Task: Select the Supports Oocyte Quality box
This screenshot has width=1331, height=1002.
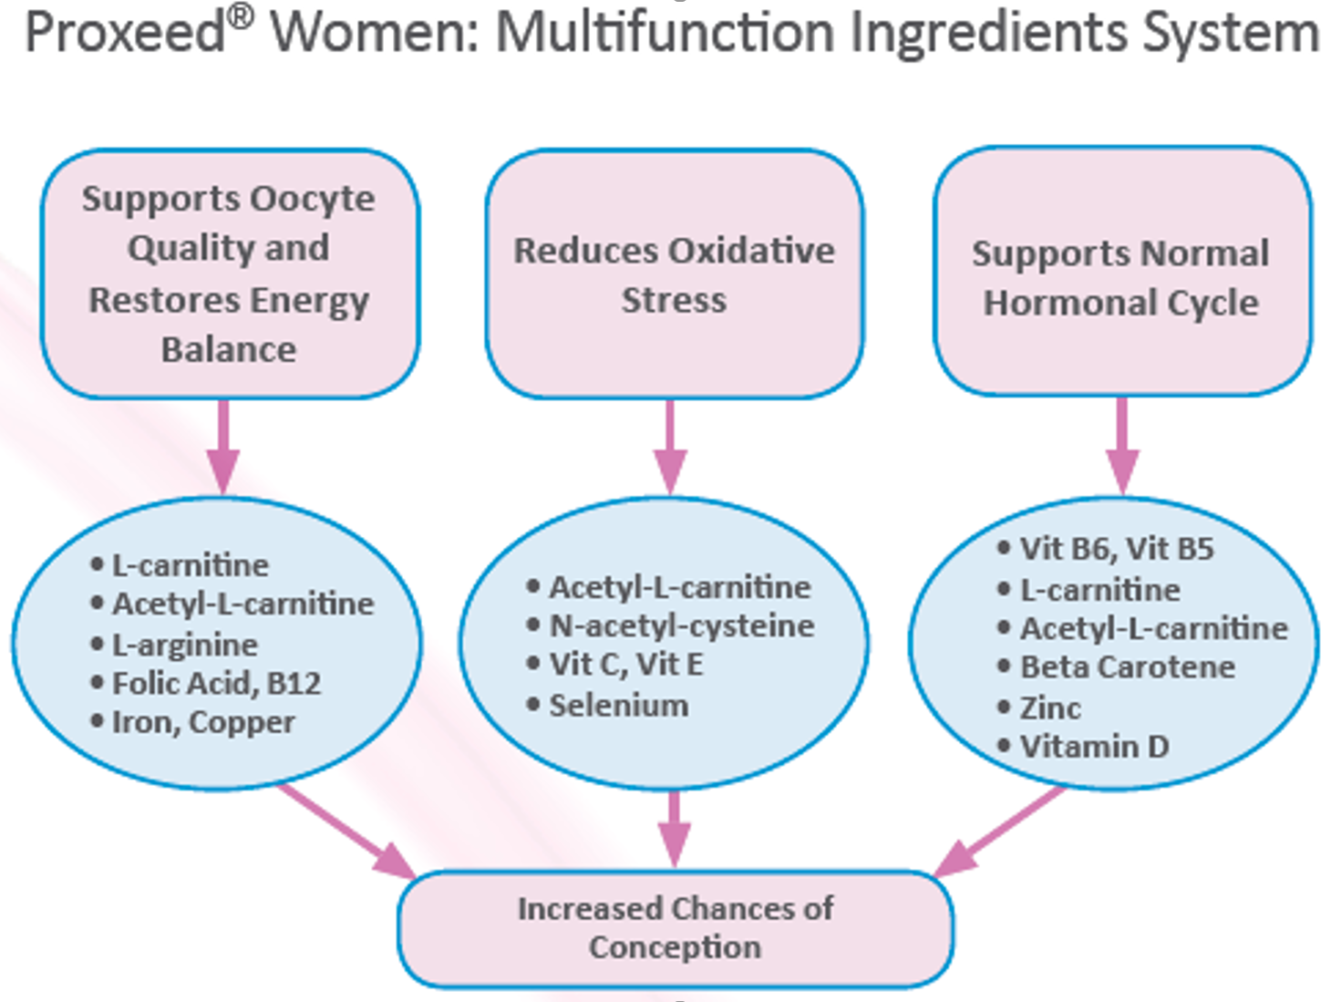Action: coord(229,274)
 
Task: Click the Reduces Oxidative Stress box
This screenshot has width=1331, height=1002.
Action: coord(674,274)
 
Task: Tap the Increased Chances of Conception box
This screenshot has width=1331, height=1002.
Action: coord(675,928)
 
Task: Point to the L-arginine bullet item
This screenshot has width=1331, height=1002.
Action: coord(184,645)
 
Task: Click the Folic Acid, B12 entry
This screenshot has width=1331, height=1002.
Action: coord(216,684)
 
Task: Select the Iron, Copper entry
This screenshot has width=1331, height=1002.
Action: coord(202,722)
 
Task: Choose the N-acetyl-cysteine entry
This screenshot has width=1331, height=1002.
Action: coord(681,626)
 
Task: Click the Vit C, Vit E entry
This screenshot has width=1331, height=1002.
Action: coord(626,665)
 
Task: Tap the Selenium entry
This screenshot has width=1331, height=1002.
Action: coord(618,706)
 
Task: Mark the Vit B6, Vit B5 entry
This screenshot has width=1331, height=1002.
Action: coord(1116,549)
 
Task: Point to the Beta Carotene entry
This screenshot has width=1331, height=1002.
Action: coord(1127,667)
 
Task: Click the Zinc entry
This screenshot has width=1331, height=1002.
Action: coord(1049,708)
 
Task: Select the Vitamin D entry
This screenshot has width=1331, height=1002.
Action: coord(1093,747)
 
